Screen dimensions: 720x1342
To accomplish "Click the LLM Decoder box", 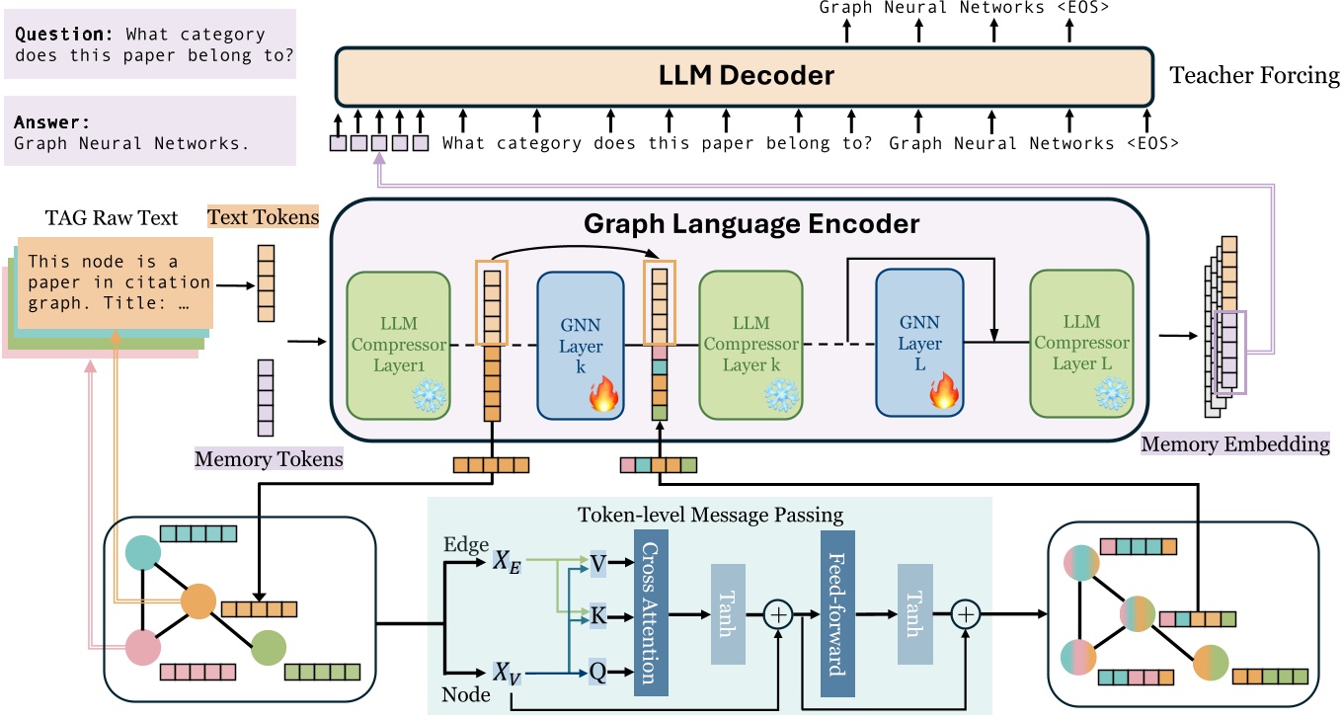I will [x=745, y=76].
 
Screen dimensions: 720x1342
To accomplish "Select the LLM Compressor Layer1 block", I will [x=398, y=344].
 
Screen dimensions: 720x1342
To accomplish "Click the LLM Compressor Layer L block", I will [x=1080, y=344].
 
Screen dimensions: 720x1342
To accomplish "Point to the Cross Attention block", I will [x=650, y=613].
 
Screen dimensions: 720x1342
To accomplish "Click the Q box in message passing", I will [x=597, y=673].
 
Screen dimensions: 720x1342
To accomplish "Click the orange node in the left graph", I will [x=198, y=600].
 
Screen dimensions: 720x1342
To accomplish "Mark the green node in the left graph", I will [x=269, y=647].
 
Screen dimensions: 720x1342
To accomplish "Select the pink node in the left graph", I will [x=143, y=649].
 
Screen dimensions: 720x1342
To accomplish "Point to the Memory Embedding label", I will [x=1235, y=444].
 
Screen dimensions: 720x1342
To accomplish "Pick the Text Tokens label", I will [x=263, y=216].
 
